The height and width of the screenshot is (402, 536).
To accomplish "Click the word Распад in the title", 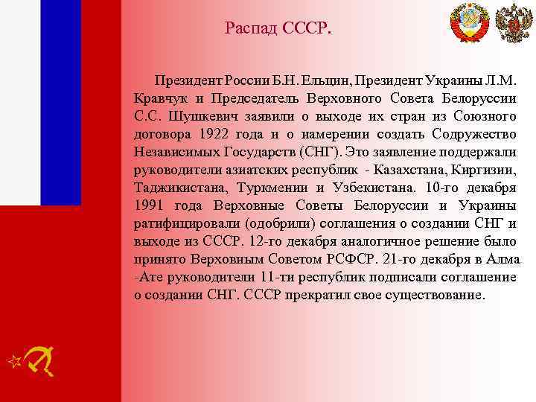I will [x=251, y=30].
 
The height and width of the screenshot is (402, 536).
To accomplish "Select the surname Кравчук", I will [x=159, y=99].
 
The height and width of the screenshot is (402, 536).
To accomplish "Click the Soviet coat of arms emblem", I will [x=470, y=24].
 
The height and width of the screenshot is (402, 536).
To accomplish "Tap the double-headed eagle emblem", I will [x=511, y=23].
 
